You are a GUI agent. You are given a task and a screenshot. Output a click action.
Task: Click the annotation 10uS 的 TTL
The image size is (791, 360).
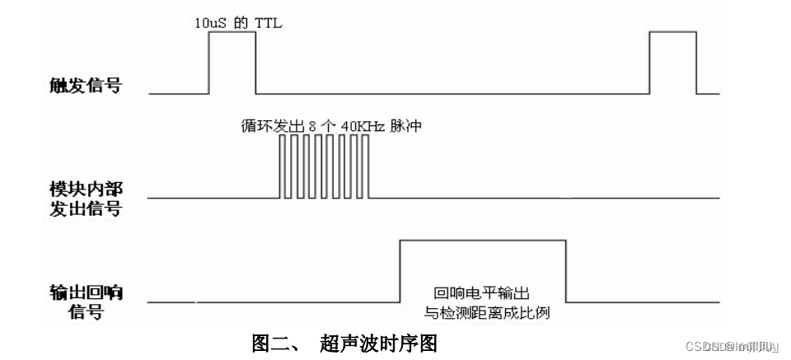[233, 24]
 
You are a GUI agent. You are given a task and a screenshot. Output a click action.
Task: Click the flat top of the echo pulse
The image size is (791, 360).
[483, 241]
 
